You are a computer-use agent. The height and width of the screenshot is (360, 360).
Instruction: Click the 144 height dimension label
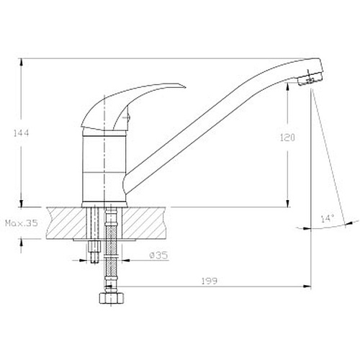tap(21, 132)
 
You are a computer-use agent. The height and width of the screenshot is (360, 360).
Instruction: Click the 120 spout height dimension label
tap(287, 138)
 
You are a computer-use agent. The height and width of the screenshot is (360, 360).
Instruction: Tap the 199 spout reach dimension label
tap(209, 281)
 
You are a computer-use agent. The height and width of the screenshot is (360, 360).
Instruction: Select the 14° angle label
tap(328, 219)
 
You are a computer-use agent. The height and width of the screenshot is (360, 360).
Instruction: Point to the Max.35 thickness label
tap(22, 223)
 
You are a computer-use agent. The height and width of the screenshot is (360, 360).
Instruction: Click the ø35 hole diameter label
tap(158, 255)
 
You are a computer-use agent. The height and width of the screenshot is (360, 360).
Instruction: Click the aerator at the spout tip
tap(310, 78)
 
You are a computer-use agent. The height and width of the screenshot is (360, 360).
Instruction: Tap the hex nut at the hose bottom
tap(112, 298)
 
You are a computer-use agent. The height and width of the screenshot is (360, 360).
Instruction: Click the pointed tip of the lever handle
tap(186, 87)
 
